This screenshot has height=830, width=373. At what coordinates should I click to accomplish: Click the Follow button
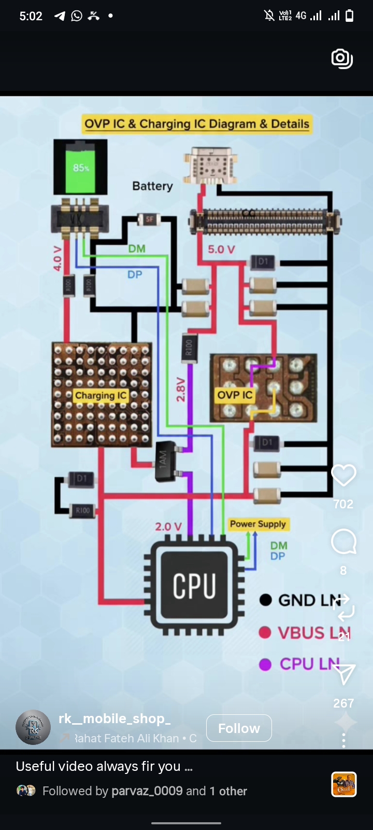(239, 728)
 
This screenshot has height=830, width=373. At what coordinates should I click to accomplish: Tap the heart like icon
(343, 475)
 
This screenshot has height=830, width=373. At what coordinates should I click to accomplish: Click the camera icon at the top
(342, 59)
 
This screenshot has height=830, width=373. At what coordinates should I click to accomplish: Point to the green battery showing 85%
(81, 167)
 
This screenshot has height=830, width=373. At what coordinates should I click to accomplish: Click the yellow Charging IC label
(101, 396)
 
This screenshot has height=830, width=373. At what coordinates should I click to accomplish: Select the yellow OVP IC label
(235, 395)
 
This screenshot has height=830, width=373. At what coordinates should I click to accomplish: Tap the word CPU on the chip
(194, 586)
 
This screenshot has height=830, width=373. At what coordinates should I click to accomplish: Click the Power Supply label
(258, 524)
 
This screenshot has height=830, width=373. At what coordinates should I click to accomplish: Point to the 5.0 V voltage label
(222, 250)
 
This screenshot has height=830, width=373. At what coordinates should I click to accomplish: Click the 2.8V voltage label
(181, 390)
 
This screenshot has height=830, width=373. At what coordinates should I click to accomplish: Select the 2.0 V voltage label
(168, 527)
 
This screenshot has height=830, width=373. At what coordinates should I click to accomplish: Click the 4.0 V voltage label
(58, 258)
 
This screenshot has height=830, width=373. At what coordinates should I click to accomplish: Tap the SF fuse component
(149, 219)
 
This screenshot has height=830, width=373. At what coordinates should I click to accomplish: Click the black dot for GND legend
(266, 600)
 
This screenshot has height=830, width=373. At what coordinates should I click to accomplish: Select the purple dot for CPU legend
(265, 665)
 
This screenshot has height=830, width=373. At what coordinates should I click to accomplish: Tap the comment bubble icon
(343, 542)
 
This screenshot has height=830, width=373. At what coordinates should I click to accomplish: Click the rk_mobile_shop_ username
(114, 718)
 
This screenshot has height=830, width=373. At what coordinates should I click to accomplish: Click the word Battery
(152, 186)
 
